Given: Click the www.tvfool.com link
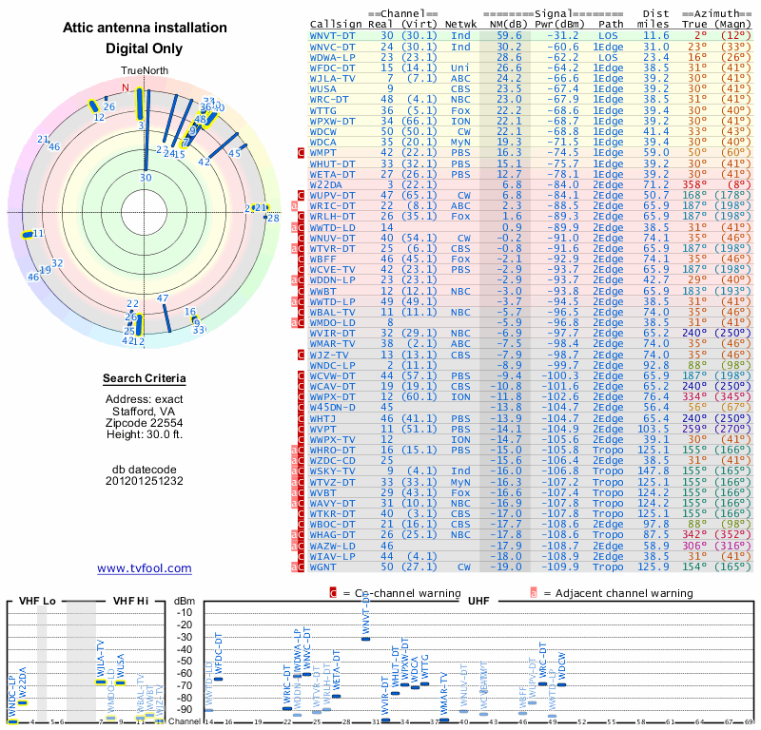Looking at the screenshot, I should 145,568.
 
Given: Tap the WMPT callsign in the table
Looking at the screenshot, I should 329,152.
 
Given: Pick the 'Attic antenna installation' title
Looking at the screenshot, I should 144,29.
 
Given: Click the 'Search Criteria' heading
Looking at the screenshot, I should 145,379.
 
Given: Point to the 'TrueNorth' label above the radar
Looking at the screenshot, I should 144,71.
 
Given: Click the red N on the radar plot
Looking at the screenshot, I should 125,87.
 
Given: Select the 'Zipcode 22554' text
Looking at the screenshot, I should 145,422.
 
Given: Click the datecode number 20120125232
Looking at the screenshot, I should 145,481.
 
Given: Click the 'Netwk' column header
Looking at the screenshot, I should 460,24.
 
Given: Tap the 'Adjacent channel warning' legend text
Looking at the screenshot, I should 618,593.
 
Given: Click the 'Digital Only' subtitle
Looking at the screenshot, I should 144,48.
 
